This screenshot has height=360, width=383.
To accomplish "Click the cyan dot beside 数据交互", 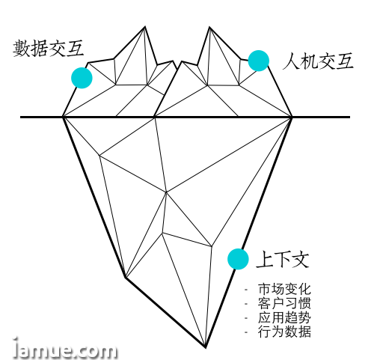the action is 82,78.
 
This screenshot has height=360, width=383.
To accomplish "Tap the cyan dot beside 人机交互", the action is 259,61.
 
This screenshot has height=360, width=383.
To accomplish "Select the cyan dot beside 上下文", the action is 238,259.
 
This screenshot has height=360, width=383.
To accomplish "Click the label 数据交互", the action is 48,48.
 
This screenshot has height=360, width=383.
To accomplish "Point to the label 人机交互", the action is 318,61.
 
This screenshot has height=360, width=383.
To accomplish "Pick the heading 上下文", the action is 283,260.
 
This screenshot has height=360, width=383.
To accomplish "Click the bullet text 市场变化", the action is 284,289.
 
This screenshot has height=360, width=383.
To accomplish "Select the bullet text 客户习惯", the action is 284,303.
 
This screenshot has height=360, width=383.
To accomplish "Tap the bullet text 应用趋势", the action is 284,317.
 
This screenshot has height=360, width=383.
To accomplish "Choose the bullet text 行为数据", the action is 284,332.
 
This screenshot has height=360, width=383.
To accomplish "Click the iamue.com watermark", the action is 65,348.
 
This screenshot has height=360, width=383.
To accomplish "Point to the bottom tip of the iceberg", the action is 206,347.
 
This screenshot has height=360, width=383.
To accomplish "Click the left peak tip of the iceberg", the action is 145,26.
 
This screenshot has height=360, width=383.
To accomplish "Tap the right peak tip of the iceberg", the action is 209,27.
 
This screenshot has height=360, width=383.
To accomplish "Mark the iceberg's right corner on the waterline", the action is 292,117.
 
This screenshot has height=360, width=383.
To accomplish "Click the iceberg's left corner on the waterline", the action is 64,117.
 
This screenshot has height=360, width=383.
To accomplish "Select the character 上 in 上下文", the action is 265,260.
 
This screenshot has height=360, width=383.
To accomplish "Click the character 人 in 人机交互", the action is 291,61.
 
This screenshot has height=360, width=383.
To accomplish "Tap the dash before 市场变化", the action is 246,290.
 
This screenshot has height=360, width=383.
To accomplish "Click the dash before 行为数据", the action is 246,332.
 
